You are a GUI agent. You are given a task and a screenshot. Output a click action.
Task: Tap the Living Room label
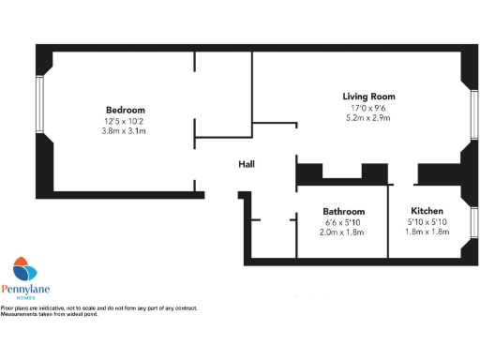[368, 97]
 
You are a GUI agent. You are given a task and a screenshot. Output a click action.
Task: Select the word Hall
[247, 164]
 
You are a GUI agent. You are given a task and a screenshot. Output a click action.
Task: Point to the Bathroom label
[343, 212]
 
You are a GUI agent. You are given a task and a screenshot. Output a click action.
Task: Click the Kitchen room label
[427, 212]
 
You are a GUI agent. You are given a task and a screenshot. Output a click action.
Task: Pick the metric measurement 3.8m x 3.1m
[125, 130]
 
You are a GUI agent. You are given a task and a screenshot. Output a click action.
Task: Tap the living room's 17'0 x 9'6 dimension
[368, 108]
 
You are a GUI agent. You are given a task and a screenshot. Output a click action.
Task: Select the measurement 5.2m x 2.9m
[368, 119]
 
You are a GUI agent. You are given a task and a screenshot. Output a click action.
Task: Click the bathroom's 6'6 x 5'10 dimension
[343, 223]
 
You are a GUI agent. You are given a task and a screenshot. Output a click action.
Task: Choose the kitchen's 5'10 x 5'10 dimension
[427, 223]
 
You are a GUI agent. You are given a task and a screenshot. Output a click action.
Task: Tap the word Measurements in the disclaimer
[21, 314]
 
